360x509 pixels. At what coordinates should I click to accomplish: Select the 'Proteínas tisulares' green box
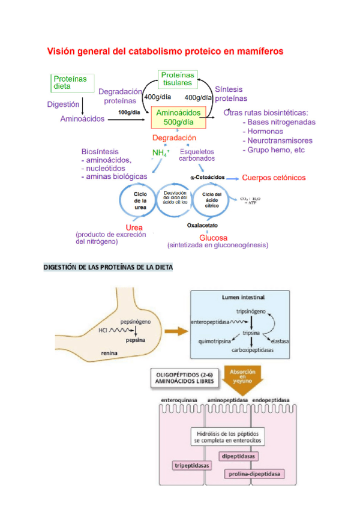[x=177, y=79]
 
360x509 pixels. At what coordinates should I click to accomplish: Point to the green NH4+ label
[x=161, y=153]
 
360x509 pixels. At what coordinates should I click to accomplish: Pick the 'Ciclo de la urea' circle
[x=140, y=200]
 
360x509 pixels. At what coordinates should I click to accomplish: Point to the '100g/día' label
[x=130, y=112]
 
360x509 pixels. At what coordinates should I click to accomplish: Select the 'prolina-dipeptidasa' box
[x=254, y=474]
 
